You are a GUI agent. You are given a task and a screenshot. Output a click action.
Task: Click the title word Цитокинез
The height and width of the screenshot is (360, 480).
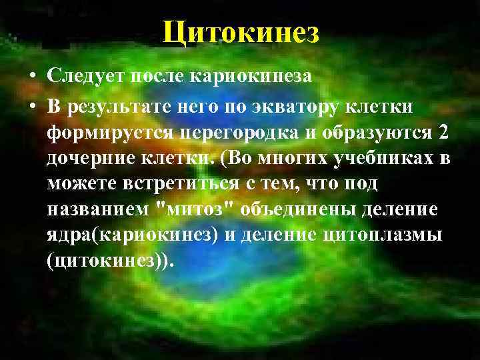pos(241,31)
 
